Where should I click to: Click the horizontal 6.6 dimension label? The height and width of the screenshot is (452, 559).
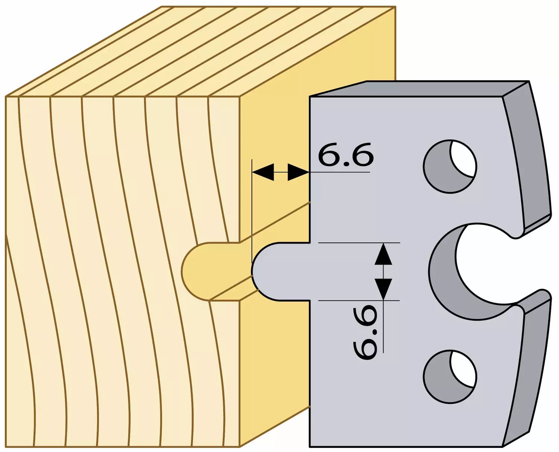tap(345, 155)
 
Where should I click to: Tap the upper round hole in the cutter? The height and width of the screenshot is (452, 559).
tap(450, 166)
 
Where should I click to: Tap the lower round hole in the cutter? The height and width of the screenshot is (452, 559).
tap(450, 377)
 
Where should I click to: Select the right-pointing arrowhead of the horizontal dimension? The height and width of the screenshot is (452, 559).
tap(299, 172)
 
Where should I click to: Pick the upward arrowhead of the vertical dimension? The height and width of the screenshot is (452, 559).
tap(383, 254)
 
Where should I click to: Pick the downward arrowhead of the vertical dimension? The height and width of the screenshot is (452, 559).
tap(383, 289)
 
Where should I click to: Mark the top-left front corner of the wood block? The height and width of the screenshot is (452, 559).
tap(6, 96)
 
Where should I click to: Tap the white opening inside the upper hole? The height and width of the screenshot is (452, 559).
tap(464, 159)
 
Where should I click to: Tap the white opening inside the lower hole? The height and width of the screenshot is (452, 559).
tap(464, 369)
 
